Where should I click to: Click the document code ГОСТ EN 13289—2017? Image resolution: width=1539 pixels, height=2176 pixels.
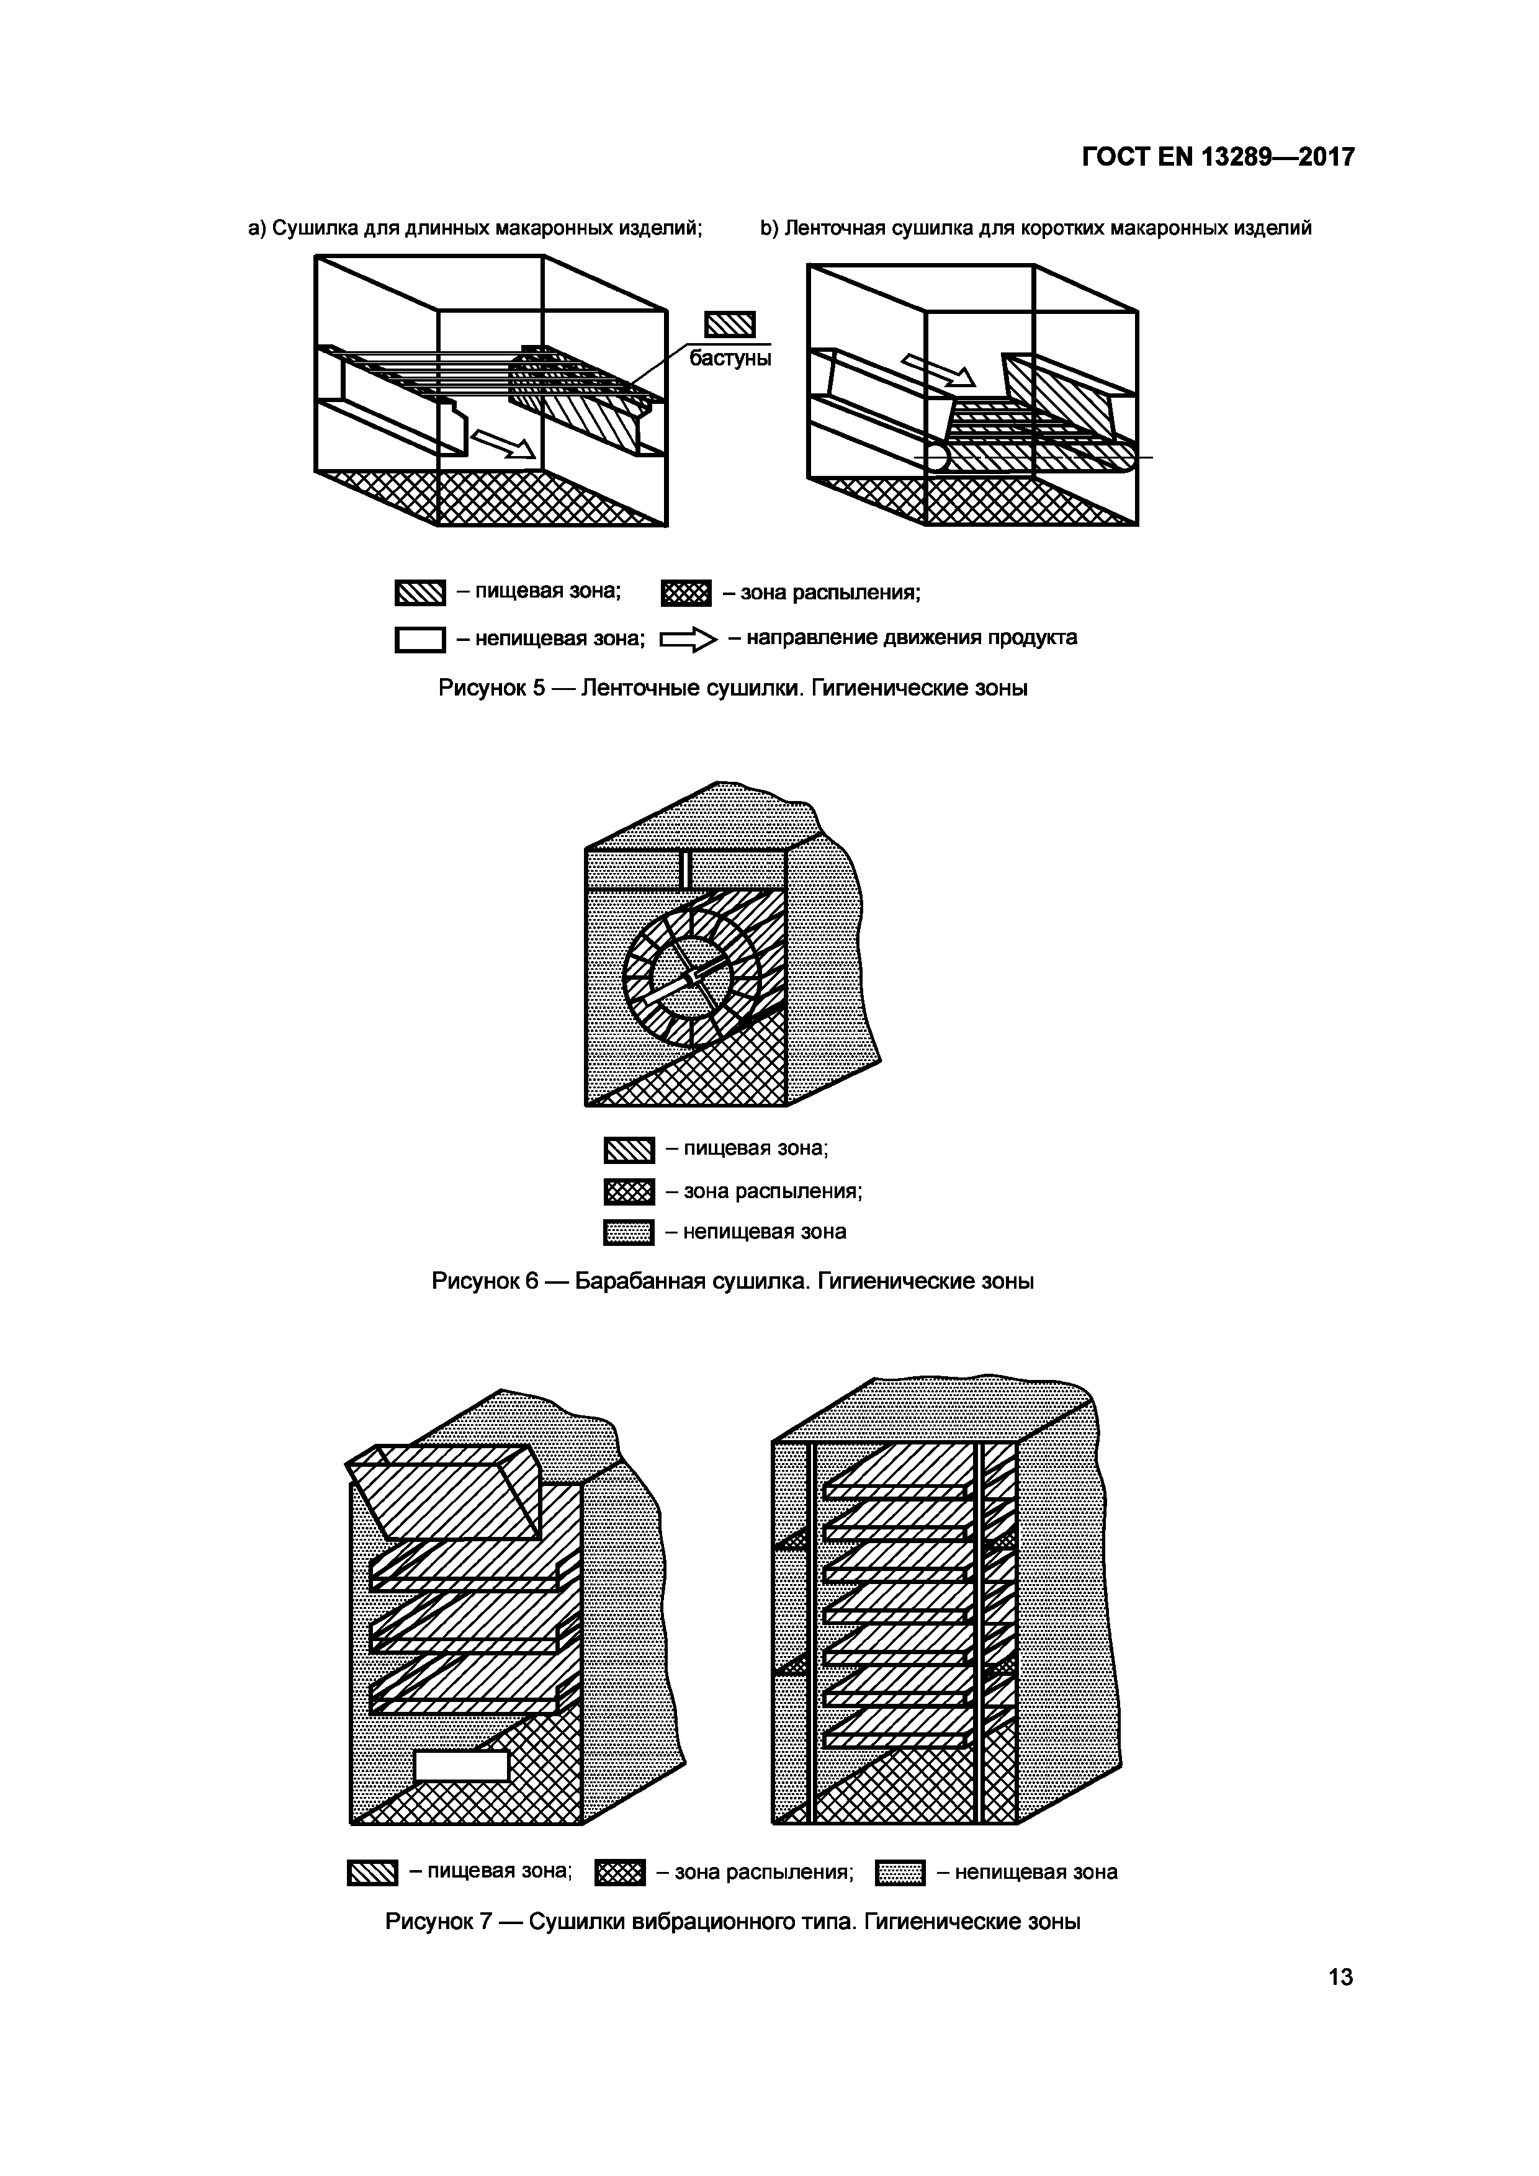coord(1218,158)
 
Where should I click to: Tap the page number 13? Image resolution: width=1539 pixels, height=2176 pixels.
coord(1340,1977)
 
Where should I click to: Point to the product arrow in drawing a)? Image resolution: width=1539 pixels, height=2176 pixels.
coord(502,442)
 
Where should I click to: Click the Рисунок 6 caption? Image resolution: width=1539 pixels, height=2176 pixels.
coord(732,1281)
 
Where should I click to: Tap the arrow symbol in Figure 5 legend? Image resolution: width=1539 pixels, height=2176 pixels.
coord(689,642)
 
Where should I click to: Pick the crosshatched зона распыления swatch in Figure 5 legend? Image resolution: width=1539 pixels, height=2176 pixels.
coord(685,594)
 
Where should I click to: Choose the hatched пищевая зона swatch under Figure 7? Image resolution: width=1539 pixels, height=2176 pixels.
coord(372,1873)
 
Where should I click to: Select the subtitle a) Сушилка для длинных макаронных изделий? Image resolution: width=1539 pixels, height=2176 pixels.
coord(475,228)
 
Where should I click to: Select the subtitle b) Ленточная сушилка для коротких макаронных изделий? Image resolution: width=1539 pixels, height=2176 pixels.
coord(1036,228)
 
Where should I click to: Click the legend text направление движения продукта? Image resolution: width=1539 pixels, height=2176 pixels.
coord(902,638)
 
